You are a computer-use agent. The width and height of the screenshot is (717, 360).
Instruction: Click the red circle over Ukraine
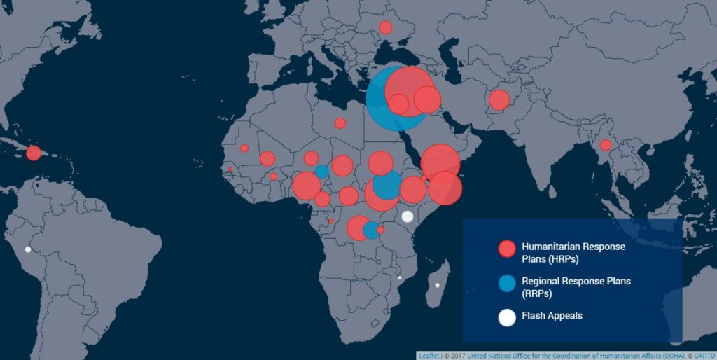coord(385,28)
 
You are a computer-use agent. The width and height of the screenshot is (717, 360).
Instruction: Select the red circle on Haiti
coord(33,153)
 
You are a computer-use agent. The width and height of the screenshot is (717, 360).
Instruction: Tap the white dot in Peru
coord(28,249)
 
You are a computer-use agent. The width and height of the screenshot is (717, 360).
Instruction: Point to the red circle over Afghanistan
coord(499,100)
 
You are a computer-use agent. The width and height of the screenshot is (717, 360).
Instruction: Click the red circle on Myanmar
coord(606,146)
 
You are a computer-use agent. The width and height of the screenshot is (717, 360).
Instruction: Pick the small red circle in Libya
coord(340,123)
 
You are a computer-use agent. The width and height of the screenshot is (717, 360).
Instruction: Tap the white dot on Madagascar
coord(437,285)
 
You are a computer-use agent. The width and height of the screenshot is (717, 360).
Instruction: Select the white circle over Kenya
coord(407,216)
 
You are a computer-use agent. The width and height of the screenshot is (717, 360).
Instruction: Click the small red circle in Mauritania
coord(244,148)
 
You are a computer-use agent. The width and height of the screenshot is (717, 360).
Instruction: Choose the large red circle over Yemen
coord(440,163)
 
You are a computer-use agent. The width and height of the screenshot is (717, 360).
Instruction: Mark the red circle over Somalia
coord(445,188)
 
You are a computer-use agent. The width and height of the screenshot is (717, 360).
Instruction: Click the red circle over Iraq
coord(427,99)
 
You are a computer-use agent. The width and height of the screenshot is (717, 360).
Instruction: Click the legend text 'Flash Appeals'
coord(552,316)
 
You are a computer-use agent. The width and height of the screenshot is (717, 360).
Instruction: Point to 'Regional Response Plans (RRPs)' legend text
coord(576,286)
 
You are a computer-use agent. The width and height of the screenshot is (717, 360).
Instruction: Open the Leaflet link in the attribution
coord(429,355)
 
